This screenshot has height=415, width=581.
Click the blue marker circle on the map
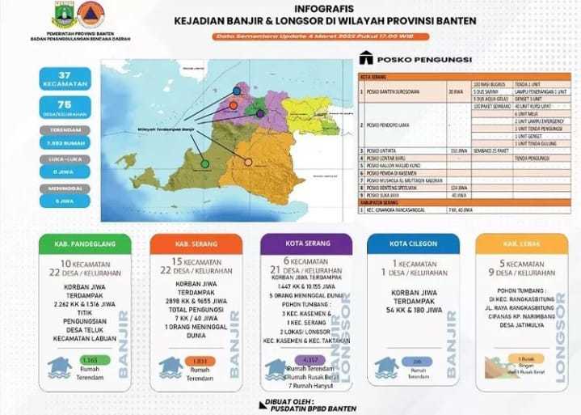(238, 91)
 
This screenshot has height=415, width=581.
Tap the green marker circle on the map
(205, 163)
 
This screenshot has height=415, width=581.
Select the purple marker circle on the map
(260, 113)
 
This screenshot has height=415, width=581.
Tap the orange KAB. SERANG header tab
(197, 243)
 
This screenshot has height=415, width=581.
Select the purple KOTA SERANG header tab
(305, 243)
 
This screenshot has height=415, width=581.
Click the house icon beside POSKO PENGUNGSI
(368, 58)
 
